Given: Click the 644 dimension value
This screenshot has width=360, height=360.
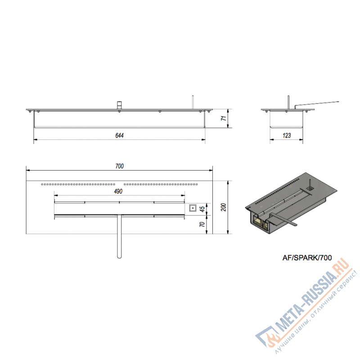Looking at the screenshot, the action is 119,135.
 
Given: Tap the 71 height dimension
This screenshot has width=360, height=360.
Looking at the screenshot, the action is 224,118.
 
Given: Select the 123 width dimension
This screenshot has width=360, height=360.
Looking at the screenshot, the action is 287,135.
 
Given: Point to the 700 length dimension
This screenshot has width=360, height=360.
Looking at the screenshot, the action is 119,166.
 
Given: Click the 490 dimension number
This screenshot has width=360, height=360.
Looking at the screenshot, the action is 118,191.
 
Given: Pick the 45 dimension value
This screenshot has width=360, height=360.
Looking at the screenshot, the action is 202,209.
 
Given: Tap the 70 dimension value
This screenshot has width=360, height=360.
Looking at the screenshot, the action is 202,224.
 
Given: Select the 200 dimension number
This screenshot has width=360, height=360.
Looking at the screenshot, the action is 224,207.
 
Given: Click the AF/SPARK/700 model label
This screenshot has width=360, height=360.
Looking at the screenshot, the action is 307,258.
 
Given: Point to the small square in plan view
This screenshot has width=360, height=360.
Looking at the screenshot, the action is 193,208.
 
